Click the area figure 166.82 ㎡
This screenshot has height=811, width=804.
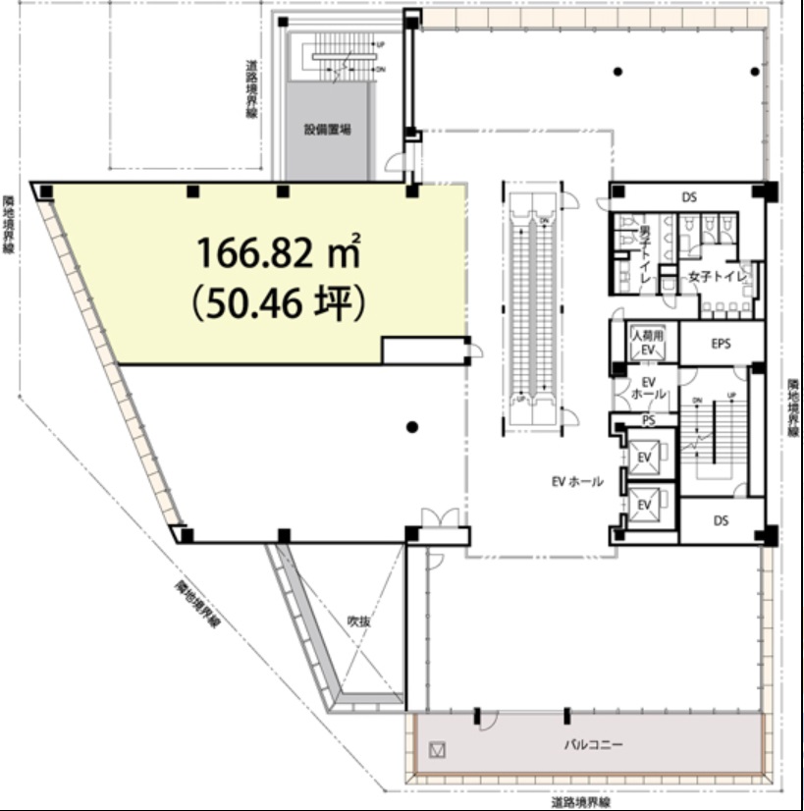(x=279, y=254)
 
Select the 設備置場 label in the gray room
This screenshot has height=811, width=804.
(x=327, y=129)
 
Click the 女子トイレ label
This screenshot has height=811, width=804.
(x=718, y=277)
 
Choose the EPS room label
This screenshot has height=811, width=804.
(x=722, y=344)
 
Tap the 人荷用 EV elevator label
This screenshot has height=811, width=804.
(x=647, y=343)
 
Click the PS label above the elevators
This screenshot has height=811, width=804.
(x=648, y=420)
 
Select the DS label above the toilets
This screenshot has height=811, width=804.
(x=689, y=197)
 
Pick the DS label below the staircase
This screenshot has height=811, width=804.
(x=722, y=521)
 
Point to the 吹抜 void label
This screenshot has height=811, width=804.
(x=357, y=621)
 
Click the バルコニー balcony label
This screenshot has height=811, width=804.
(x=592, y=745)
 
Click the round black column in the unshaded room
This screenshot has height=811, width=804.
(x=412, y=426)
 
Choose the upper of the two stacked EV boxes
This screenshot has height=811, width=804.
(x=645, y=457)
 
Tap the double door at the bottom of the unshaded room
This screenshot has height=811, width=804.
(x=441, y=518)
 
